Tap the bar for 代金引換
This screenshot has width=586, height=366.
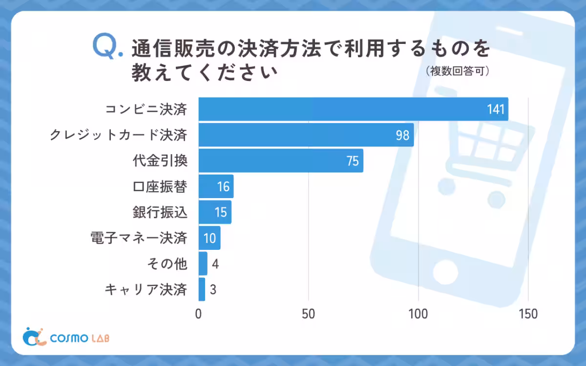pos(281,161)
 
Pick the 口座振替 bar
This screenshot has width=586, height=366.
pos(216,186)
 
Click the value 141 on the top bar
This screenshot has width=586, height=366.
pos(496,109)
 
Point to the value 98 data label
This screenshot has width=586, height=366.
pos(402,135)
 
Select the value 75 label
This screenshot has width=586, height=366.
pos(353,161)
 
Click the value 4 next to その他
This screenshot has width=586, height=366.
pos(215,264)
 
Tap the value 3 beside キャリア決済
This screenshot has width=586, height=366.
pos(213,290)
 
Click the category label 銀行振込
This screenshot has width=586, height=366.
pos(160,212)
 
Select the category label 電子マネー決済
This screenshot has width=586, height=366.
pos(139,238)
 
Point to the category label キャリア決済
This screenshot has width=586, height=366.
pos(146,290)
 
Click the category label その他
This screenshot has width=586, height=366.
pos(167,264)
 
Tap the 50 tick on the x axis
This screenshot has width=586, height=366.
pos(308,314)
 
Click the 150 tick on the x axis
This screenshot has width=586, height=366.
pos(528,314)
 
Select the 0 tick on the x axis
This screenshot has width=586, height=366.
pos(198,314)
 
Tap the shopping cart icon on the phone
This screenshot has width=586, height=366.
pos(481,146)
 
